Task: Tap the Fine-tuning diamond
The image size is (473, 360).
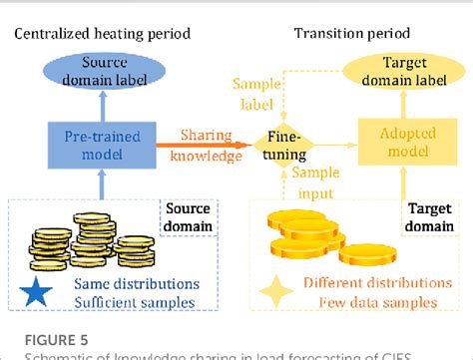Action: [x=282, y=143]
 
